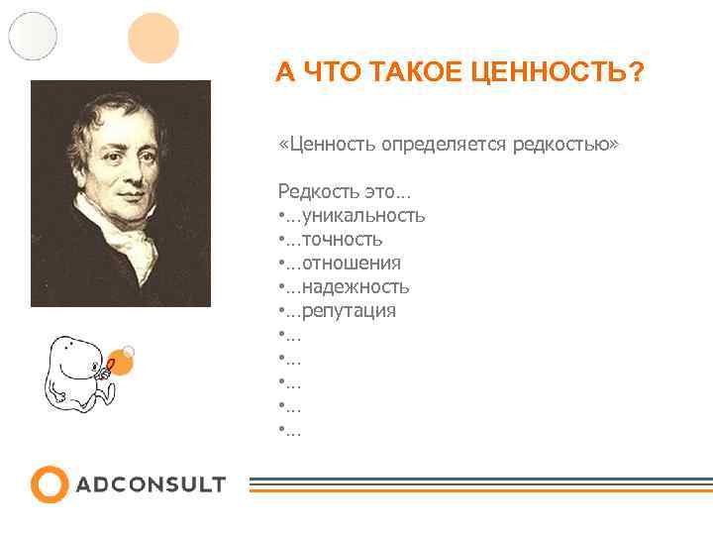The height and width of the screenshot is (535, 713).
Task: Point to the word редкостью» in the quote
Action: click(565, 146)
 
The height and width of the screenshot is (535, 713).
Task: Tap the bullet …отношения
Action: click(340, 263)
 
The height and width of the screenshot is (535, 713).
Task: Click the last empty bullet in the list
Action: click(290, 429)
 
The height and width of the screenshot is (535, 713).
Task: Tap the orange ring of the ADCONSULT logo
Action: click(50, 484)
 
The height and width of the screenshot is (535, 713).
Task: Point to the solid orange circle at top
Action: click(153, 38)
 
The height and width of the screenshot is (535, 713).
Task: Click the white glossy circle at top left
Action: click(33, 36)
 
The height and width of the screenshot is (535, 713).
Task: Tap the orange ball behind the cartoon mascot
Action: click(120, 362)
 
